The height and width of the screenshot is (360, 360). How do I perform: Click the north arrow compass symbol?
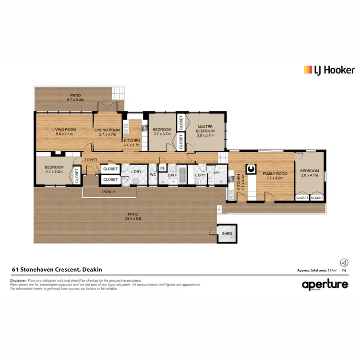(x=343, y=263)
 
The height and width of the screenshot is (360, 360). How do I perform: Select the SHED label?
(x=227, y=234)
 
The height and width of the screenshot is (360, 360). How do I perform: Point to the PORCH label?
(x=108, y=192)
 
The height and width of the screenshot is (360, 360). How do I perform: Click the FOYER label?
(x=91, y=159)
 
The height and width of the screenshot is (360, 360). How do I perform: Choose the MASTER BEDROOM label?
(x=205, y=129)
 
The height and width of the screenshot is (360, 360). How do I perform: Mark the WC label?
(x=153, y=175)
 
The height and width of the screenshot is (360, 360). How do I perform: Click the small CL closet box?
(x=162, y=168)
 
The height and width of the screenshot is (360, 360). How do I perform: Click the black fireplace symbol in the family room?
(x=250, y=168)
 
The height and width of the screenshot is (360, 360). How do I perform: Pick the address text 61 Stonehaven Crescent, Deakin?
(x=56, y=270)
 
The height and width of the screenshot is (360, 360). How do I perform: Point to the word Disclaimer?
(x=19, y=280)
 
